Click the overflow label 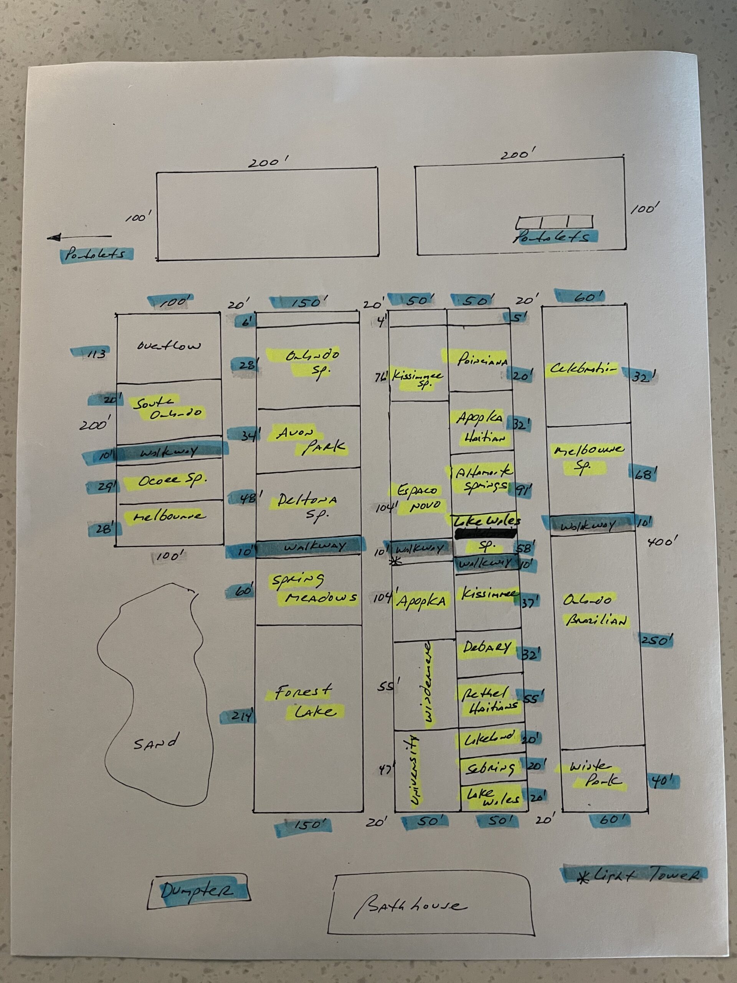click(x=169, y=346)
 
